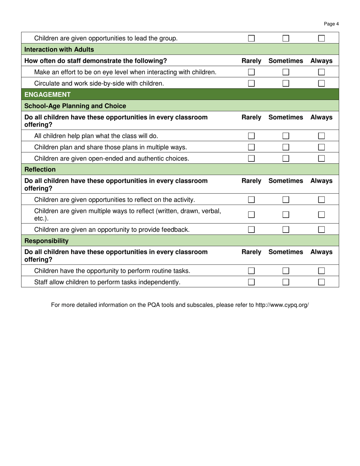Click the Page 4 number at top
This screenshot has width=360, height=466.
point(331,24)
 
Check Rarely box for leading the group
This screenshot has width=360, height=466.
point(251,38)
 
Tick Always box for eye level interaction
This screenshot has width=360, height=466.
point(321,72)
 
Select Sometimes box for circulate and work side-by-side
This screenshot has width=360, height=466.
point(286,83)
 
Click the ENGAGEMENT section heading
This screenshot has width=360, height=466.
point(47,95)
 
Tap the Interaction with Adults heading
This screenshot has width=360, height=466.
point(59,50)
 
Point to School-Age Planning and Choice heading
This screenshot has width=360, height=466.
point(75,106)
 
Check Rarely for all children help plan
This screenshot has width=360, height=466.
point(251,136)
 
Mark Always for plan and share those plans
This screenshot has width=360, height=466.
point(321,147)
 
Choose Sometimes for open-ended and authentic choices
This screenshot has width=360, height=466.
point(286,158)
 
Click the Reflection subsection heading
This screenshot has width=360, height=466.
point(40,169)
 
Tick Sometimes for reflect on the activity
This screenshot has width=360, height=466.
point(286,200)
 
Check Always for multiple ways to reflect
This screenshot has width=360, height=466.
point(321,214)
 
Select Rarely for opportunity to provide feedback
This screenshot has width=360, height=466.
point(251,229)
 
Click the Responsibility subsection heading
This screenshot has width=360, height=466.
point(46,241)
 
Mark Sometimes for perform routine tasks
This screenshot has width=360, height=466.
point(286,271)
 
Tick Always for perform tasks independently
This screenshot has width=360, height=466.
point(321,282)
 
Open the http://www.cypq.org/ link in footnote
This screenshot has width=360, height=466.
point(282,305)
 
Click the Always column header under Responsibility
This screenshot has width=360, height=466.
point(321,252)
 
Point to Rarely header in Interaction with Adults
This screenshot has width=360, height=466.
point(251,61)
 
